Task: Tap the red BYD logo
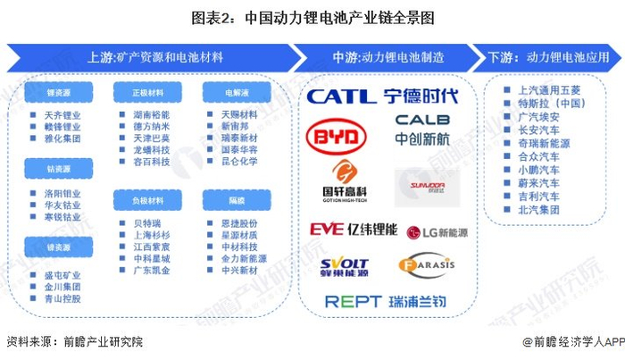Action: pos(337,137)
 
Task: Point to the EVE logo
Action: pos(326,230)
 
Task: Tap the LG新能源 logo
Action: pos(437,231)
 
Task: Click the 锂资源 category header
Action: pos(59,92)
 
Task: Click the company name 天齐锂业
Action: pos(62,115)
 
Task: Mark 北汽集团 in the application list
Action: pos(538,210)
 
